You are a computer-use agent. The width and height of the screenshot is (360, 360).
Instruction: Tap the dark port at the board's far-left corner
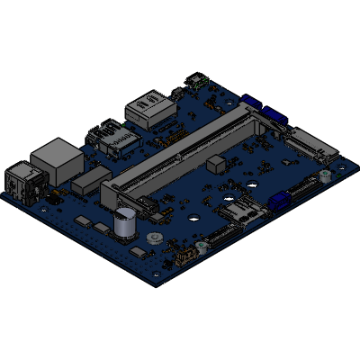tap(21, 178)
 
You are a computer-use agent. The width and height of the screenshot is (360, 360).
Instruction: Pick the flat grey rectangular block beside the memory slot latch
tap(86, 183)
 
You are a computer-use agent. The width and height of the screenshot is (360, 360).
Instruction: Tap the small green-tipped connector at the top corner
tap(193, 80)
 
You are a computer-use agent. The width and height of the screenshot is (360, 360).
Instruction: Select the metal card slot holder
tap(240, 213)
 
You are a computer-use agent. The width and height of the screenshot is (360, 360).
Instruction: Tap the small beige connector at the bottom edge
tap(187, 257)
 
